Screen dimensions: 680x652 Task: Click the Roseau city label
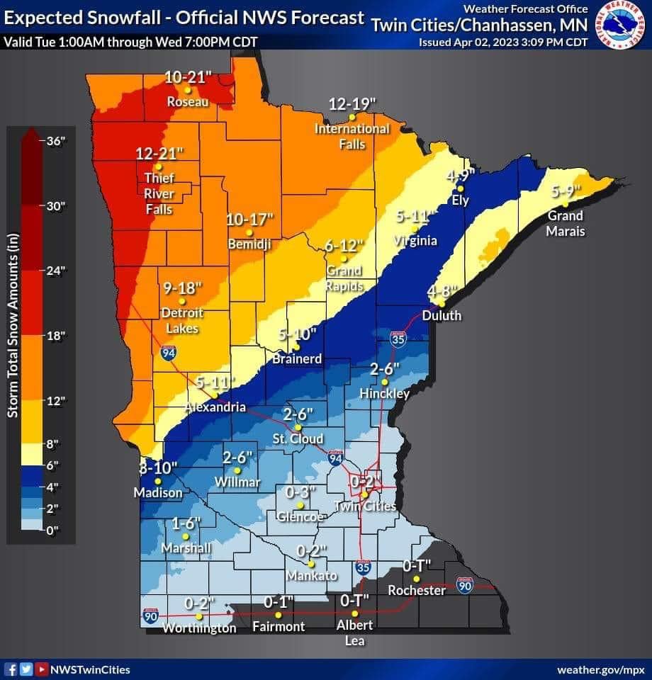point(188,102)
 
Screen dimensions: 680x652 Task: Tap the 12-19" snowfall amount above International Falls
point(352,104)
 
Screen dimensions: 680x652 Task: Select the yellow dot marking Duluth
point(443,303)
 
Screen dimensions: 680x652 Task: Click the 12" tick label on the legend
point(55,400)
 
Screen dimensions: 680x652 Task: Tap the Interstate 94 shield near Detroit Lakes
point(168,353)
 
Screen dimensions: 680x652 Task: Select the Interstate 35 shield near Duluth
point(398,339)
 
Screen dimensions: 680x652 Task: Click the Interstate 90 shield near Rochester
point(464,585)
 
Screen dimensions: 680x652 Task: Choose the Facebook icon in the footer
point(11,669)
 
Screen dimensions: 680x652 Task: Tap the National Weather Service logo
point(621,25)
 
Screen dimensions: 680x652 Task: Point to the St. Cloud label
point(298,439)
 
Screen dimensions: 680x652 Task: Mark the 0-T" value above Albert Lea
point(355,601)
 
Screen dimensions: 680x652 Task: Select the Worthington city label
point(199,628)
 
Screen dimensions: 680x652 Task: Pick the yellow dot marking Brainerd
point(298,347)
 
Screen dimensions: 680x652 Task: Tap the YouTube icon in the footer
point(42,669)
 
